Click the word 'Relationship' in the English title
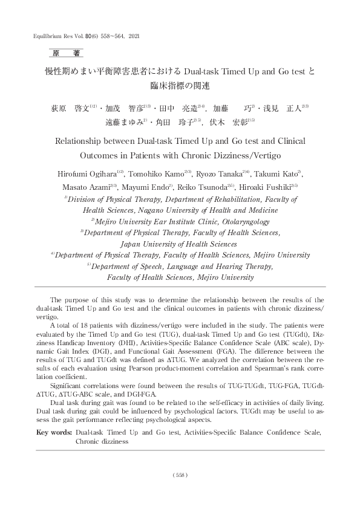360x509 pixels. pyautogui.click(x=83, y=143)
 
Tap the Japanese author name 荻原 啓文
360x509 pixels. pyautogui.click(x=68, y=109)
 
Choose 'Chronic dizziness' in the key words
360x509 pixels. pyautogui.click(x=102, y=441)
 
